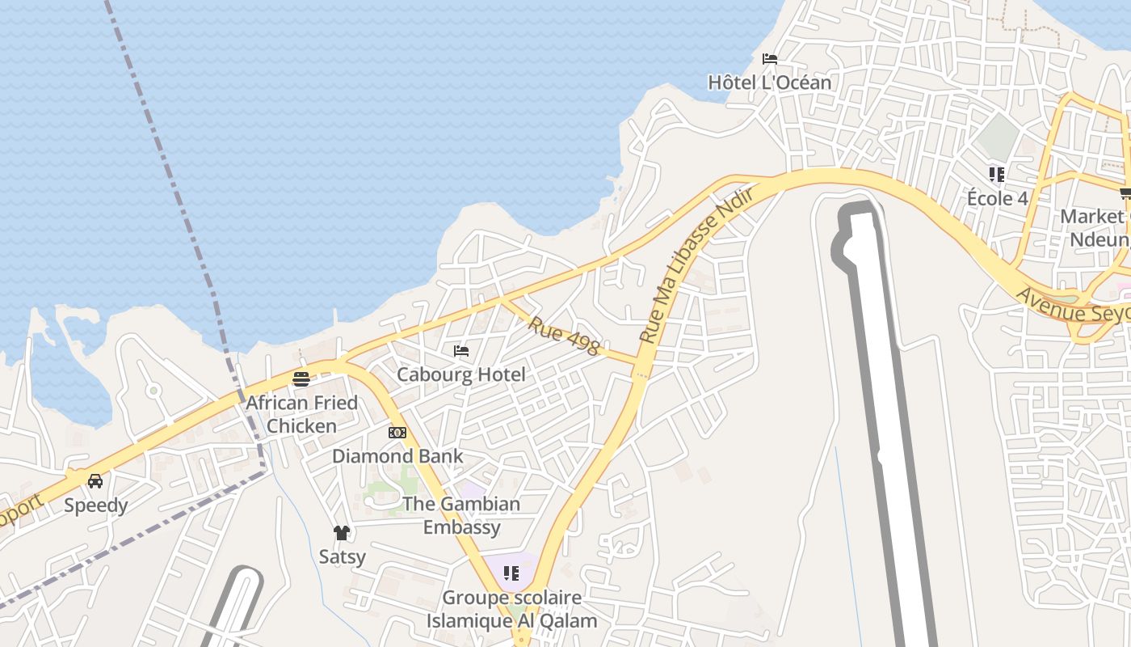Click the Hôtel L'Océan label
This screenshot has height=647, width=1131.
point(769,82)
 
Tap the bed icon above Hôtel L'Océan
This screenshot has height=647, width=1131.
point(770,59)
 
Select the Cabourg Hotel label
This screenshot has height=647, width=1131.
point(460,374)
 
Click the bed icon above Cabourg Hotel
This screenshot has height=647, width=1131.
point(461,351)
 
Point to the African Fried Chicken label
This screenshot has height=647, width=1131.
point(301,414)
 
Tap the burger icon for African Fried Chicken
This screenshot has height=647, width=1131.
point(301,379)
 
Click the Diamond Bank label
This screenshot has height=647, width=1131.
point(397,456)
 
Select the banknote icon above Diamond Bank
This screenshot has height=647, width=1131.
point(397,433)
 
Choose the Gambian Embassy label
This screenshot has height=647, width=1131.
point(461,515)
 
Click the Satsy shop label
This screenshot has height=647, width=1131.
point(342,556)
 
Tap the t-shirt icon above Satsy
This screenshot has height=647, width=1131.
point(342,533)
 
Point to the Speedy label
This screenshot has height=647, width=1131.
point(96,505)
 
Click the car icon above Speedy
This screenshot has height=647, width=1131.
point(95,481)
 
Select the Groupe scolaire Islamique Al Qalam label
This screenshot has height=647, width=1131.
point(511,610)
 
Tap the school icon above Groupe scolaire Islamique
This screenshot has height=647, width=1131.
point(511,573)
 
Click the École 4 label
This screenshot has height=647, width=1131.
point(997,198)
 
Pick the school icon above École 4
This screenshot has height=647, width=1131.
point(997,174)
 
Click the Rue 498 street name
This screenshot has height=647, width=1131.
point(564,336)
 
